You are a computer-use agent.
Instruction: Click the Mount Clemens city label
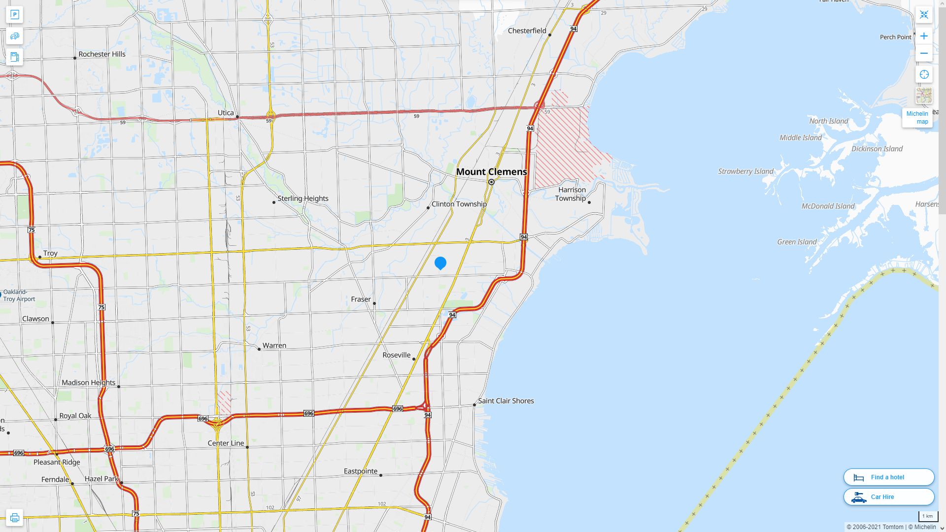(x=491, y=172)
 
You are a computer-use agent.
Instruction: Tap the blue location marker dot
(x=440, y=263)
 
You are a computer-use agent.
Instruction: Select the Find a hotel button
(x=888, y=477)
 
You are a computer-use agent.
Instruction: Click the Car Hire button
(x=888, y=497)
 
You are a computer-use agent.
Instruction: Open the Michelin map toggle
(x=917, y=118)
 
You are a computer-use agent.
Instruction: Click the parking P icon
(x=14, y=15)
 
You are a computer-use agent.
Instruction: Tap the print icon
(x=14, y=518)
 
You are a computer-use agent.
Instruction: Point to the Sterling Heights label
(x=303, y=199)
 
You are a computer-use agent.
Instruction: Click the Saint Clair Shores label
(x=506, y=401)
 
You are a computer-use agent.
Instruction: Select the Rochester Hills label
(x=102, y=54)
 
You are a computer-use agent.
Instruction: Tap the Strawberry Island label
(x=745, y=171)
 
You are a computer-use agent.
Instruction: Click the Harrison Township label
(x=572, y=194)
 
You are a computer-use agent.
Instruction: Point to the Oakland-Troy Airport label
(x=19, y=296)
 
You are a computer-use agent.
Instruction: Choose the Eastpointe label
(x=361, y=471)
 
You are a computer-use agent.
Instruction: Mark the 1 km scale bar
(x=927, y=517)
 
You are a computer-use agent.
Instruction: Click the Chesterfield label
(x=527, y=31)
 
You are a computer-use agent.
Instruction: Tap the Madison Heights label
(x=88, y=383)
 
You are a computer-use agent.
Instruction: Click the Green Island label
(x=797, y=242)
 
